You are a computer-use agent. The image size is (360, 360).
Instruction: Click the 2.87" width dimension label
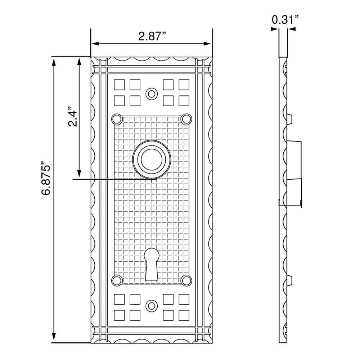[152, 36]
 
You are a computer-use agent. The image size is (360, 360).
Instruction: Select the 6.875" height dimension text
[46, 178]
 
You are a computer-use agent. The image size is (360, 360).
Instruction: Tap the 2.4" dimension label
[73, 116]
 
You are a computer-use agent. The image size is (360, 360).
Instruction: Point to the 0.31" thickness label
[285, 19]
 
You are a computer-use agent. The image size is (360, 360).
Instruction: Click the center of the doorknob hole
[152, 159]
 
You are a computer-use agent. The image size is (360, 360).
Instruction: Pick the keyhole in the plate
[152, 264]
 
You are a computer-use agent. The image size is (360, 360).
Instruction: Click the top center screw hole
[152, 94]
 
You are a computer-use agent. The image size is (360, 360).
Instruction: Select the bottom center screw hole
[152, 306]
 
